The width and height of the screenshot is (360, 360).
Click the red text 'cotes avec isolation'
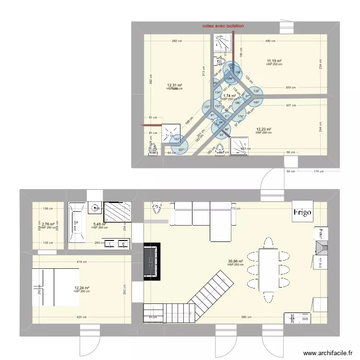(223, 26)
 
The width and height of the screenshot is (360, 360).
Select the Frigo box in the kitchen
(303, 212)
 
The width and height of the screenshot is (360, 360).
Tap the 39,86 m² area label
(235, 262)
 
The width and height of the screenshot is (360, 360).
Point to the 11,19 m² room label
(274, 61)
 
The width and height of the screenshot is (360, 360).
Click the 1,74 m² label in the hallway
(229, 96)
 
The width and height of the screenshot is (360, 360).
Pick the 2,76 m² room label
(48, 224)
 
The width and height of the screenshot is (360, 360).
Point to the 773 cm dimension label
(235, 209)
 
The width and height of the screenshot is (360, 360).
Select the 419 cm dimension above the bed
(81, 262)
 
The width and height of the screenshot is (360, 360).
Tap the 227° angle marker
(181, 150)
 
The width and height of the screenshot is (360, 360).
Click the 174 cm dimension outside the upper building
(316, 171)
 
